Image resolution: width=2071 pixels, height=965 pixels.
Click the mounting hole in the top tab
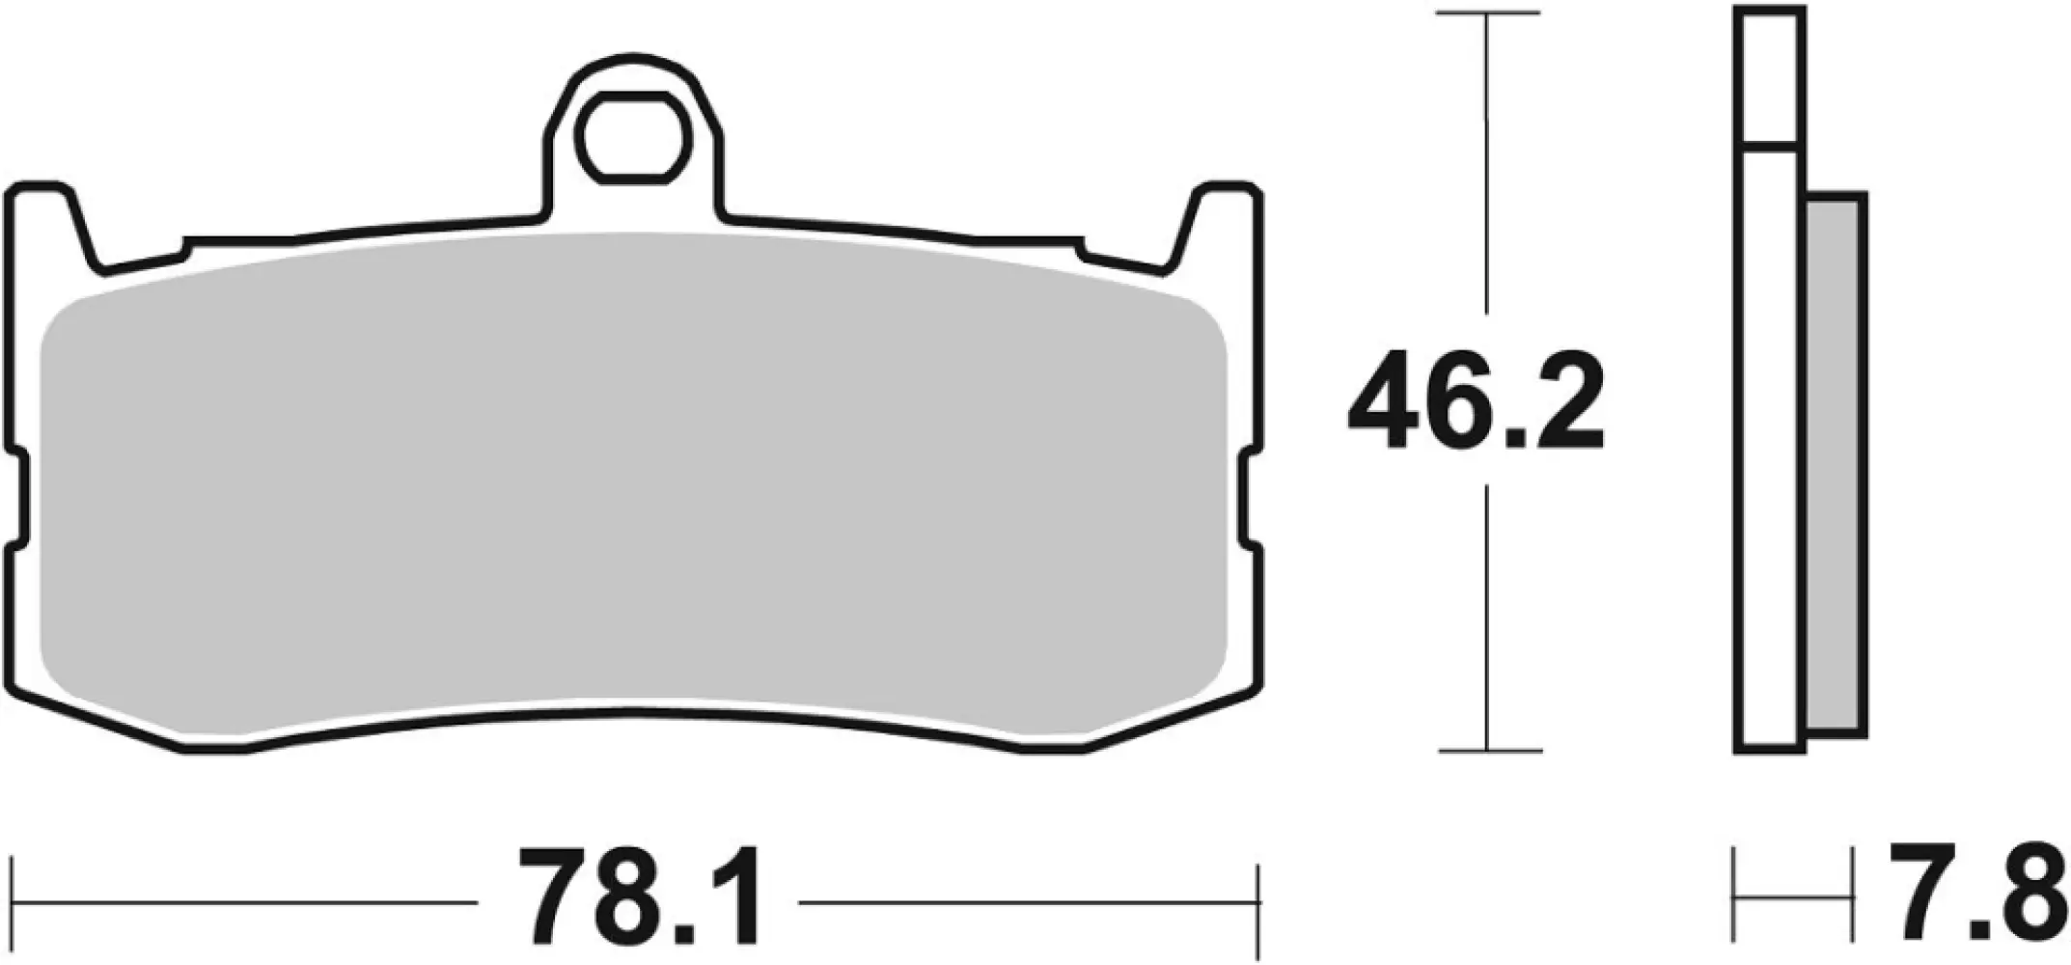633,137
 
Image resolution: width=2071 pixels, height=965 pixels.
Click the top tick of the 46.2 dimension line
1487,14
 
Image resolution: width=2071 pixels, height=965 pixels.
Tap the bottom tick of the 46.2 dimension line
1487,750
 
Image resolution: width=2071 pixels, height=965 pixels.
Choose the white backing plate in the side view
1770,463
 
